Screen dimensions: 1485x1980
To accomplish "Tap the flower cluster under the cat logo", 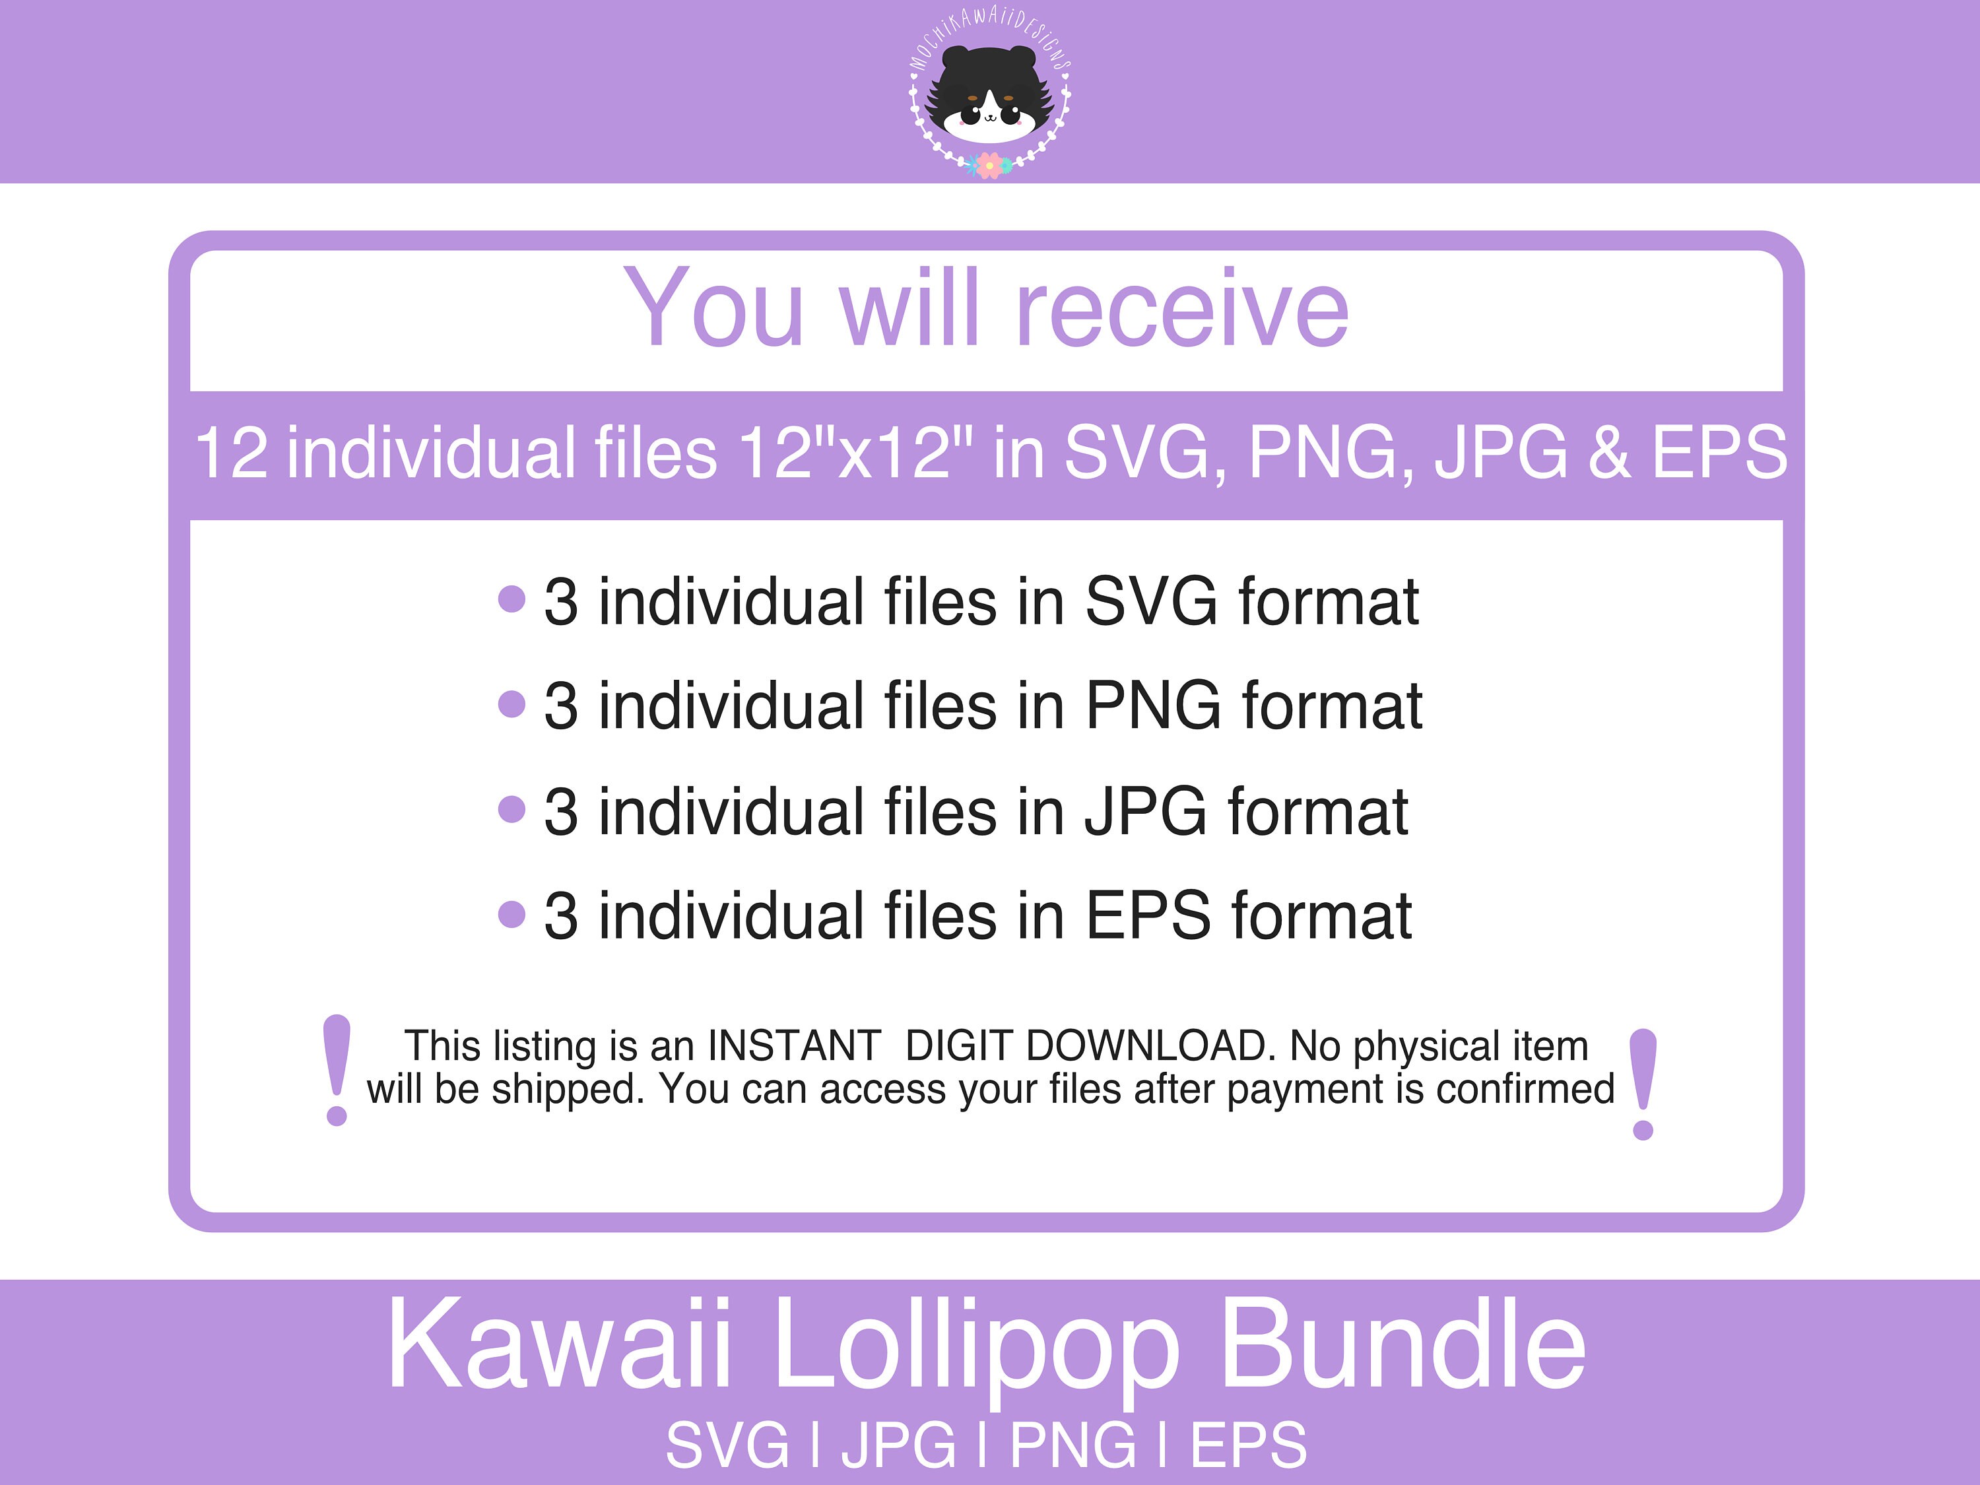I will [x=989, y=165].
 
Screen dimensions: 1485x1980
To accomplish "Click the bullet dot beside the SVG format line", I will [x=511, y=599].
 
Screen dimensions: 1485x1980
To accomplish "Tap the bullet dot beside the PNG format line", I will [x=511, y=704].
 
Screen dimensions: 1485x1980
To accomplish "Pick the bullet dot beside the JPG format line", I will [x=511, y=809].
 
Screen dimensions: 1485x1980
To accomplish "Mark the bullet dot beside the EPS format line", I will [x=511, y=914].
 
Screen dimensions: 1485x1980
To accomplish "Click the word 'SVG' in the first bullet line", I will [x=1151, y=601].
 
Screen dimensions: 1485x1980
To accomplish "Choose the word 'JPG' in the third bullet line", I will [x=1146, y=812].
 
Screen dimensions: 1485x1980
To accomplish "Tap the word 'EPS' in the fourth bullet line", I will [x=1148, y=917].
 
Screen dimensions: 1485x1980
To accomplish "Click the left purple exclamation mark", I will [x=337, y=1070].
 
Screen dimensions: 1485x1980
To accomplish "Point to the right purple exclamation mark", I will [x=1643, y=1083].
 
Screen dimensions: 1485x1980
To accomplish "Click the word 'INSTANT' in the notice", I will [x=794, y=1045].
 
